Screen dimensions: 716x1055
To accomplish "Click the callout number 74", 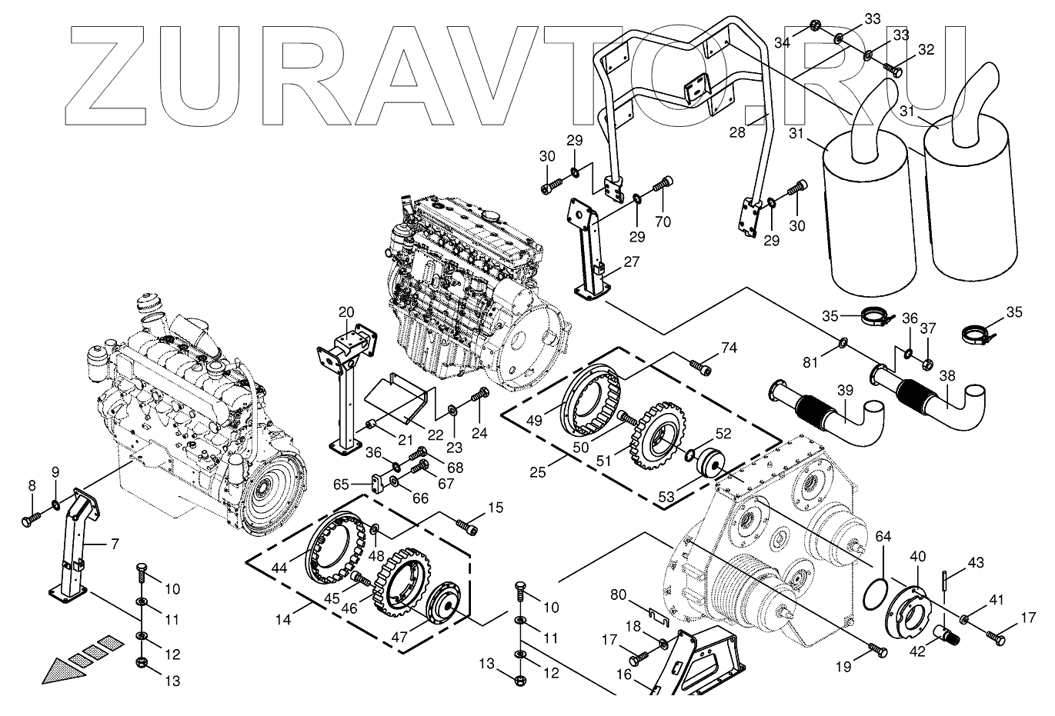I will pos(729,348).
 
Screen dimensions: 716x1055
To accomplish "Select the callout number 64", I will pos(883,536).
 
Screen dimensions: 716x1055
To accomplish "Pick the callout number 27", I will pos(631,261).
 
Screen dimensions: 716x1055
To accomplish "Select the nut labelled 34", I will pos(815,28).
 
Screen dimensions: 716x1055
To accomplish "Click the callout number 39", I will pos(845,391).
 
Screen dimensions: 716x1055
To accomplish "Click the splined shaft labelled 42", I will pos(946,634).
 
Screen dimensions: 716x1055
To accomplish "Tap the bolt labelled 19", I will pos(878,650).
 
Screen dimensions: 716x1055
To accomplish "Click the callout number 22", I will pos(436,435).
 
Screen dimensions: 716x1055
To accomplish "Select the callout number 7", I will pos(114,544).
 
